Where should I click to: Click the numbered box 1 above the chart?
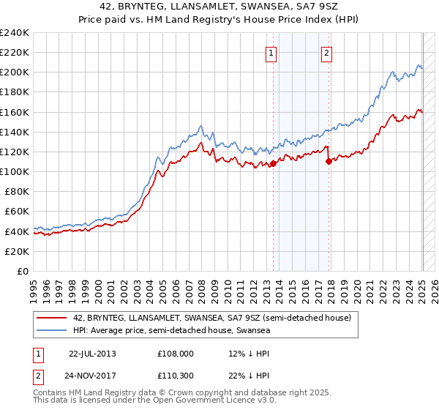(271, 53)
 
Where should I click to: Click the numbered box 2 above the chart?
(326, 53)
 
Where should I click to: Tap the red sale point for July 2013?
(273, 163)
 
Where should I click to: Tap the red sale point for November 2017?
(329, 161)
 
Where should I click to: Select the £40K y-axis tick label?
(17, 231)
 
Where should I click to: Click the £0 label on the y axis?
(23, 271)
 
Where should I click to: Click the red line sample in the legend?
(50, 318)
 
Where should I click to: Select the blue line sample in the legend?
(50, 330)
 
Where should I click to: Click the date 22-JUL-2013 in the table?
(92, 353)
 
